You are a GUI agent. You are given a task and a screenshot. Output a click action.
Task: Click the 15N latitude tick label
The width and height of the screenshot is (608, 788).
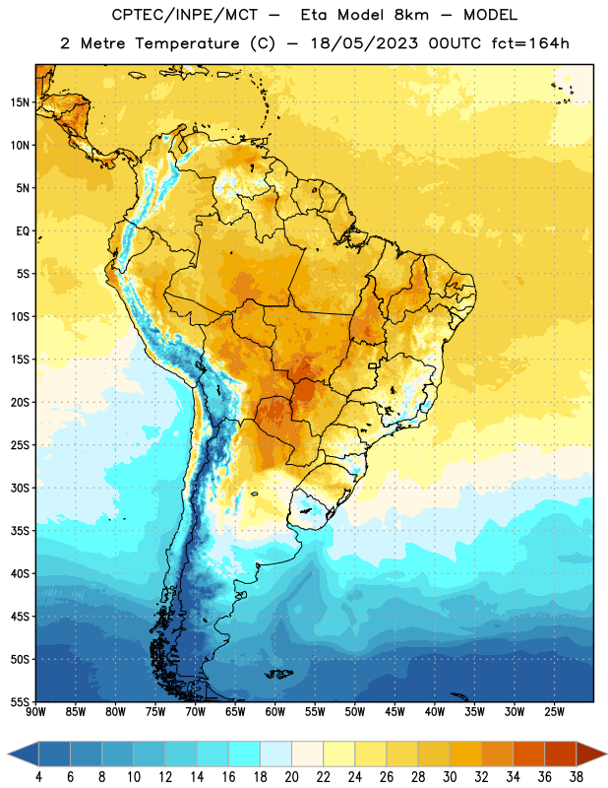20,102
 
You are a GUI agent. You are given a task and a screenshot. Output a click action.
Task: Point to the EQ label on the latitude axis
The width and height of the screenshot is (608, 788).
23,231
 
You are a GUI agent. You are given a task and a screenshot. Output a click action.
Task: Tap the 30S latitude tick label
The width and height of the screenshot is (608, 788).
20,489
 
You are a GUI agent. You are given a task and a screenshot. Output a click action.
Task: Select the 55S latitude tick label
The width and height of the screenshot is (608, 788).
20,702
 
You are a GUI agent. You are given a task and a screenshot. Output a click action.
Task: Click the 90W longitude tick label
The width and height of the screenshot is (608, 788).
35,712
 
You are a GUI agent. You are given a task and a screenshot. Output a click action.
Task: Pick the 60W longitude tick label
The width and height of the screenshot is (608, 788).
275,712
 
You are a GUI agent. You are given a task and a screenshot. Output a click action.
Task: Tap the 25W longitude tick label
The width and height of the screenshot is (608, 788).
554,712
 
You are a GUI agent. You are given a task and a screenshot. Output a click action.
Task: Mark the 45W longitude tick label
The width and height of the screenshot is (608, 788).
395,712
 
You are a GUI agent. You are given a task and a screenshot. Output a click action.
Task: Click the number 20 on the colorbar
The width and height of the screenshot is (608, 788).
291,777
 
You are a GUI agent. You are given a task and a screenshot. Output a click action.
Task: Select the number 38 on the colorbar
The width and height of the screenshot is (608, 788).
576,777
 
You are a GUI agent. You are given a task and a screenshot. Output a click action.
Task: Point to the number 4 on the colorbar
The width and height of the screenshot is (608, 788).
38,777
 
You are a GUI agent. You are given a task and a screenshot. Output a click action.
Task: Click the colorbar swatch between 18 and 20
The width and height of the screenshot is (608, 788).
276,755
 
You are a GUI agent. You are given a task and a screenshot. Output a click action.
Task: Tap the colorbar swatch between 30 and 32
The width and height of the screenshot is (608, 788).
465,755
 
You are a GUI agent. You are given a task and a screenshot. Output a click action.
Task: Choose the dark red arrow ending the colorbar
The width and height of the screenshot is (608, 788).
590,755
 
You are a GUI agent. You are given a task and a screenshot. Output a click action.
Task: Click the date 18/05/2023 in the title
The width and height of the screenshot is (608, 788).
364,43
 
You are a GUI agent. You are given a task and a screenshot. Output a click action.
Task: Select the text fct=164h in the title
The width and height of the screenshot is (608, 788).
530,43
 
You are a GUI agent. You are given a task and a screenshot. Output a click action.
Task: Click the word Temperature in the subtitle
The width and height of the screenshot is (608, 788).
187,43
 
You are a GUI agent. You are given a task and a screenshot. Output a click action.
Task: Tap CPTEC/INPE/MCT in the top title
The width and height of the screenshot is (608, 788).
185,15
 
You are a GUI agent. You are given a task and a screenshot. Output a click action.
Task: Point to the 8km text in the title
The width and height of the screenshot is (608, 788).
411,15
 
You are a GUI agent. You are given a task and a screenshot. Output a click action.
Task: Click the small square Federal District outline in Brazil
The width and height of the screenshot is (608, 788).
373,365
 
